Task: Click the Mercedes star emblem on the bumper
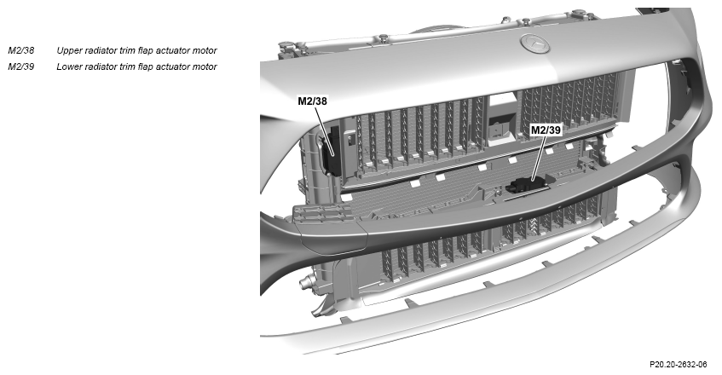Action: pyautogui.click(x=536, y=43)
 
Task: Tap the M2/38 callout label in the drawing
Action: pyautogui.click(x=312, y=101)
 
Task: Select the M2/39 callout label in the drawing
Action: pyautogui.click(x=546, y=130)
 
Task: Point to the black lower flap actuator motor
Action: pyautogui.click(x=524, y=185)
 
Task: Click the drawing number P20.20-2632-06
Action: pyautogui.click(x=678, y=365)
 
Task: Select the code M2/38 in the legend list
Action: pyautogui.click(x=20, y=50)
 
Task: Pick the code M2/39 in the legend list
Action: pyautogui.click(x=20, y=66)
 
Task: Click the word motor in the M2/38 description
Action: pyautogui.click(x=205, y=50)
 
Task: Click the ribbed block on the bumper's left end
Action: pyautogui.click(x=322, y=215)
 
